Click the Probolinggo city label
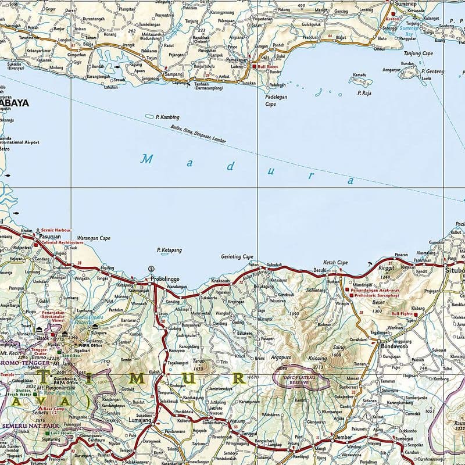click(165, 279)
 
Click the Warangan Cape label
click(94, 238)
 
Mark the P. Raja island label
click(364, 92)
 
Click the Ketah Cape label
click(335, 262)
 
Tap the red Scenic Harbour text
click(54, 230)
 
